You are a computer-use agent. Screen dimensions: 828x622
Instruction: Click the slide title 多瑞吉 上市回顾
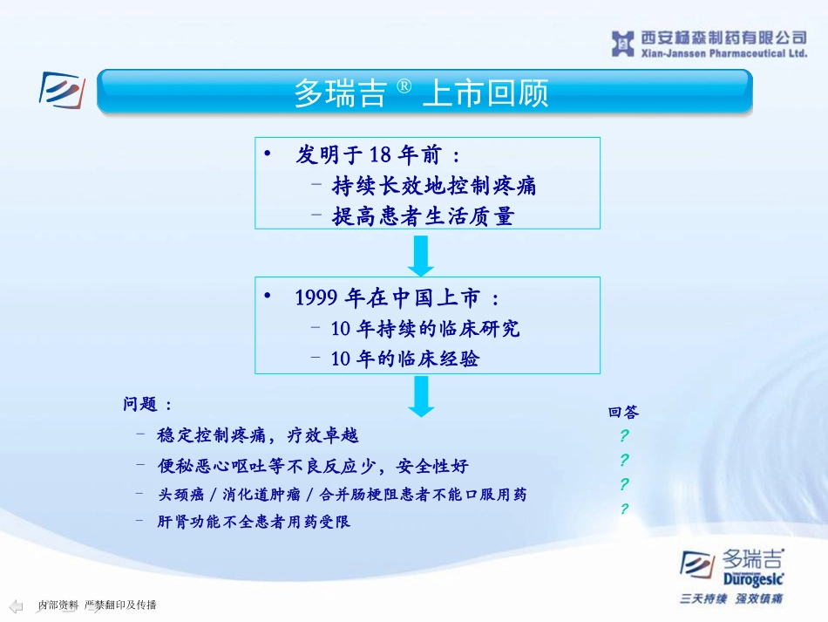(x=421, y=92)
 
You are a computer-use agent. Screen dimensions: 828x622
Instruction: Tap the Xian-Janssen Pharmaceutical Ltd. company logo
(x=709, y=44)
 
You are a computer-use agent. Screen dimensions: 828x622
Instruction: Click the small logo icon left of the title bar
(x=62, y=90)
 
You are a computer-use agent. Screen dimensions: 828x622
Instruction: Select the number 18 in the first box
(x=380, y=154)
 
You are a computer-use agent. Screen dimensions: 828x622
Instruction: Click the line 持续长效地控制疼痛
(x=434, y=186)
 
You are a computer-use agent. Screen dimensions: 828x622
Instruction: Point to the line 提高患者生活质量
(x=424, y=216)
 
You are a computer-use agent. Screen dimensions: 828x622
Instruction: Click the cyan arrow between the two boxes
(x=421, y=256)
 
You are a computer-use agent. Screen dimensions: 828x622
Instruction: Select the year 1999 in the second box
(x=316, y=297)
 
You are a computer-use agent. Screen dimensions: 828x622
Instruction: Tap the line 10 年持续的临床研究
(x=425, y=328)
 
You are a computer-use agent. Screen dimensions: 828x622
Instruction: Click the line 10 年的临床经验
(x=405, y=359)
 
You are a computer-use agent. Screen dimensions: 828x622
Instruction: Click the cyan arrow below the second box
(x=421, y=396)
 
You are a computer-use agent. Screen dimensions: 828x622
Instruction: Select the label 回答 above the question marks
(x=624, y=413)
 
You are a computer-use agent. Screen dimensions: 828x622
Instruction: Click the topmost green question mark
(x=624, y=435)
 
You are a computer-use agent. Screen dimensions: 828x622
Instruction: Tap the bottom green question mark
(x=624, y=509)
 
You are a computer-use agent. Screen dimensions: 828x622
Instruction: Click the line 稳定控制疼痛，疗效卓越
(x=258, y=435)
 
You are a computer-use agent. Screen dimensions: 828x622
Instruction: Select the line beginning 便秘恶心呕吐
(x=313, y=466)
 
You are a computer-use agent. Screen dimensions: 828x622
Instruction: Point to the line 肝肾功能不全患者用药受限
(x=254, y=522)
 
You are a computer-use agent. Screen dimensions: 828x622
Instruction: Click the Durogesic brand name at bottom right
(x=754, y=579)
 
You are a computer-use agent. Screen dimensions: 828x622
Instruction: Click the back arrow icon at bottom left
(x=17, y=605)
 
